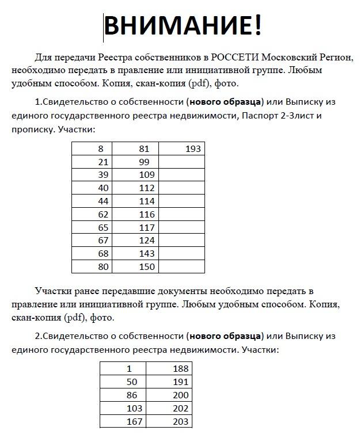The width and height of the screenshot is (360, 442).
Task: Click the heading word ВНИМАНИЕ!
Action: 182,25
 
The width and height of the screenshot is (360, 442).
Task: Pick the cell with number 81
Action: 144,149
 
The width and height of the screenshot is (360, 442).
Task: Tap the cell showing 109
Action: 147,175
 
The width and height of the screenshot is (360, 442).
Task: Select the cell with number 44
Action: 103,201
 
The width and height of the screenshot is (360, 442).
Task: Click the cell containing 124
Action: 147,240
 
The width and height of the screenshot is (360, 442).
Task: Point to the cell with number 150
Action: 147,266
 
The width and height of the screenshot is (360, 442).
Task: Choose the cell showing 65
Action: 103,227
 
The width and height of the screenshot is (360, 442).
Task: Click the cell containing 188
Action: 181,369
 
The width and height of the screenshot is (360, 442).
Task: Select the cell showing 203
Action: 181,422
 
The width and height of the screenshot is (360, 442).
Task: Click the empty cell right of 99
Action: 181,162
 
